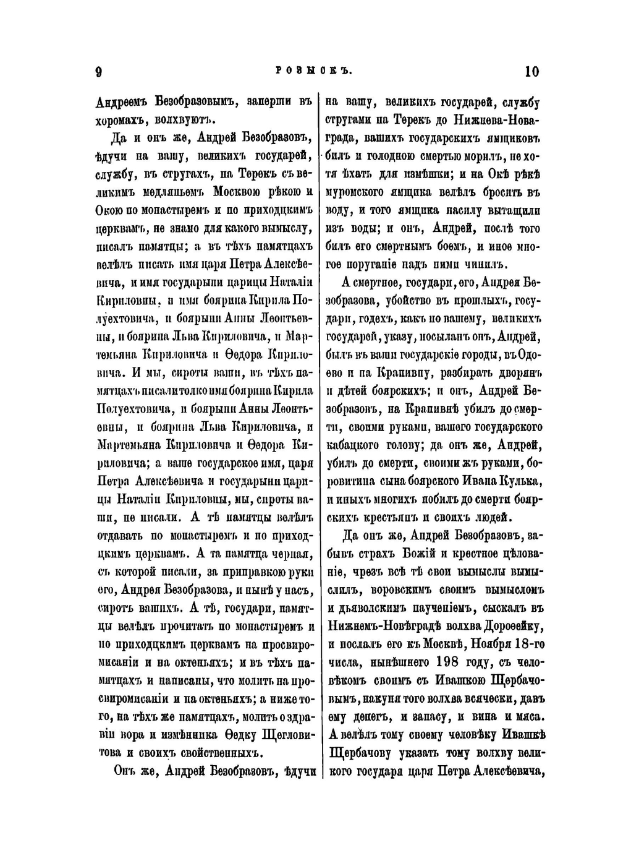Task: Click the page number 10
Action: coord(531,72)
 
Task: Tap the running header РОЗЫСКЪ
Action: coord(313,72)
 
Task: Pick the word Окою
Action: coord(110,211)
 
